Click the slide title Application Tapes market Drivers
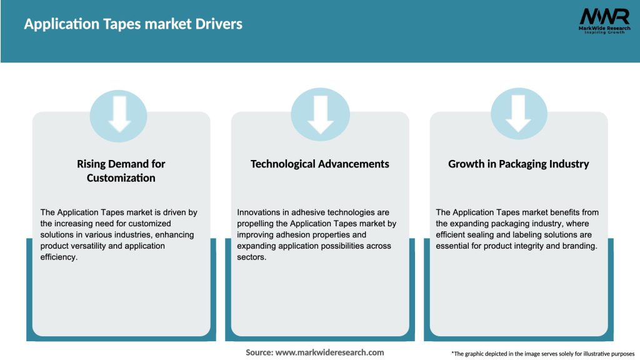[x=133, y=24]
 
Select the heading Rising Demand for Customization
[x=121, y=171]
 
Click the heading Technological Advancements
[x=320, y=164]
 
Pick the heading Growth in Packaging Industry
[x=519, y=164]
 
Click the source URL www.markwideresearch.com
[x=329, y=352]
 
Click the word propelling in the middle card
[x=258, y=224]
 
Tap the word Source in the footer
[x=259, y=352]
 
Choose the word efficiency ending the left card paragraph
[x=59, y=257]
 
